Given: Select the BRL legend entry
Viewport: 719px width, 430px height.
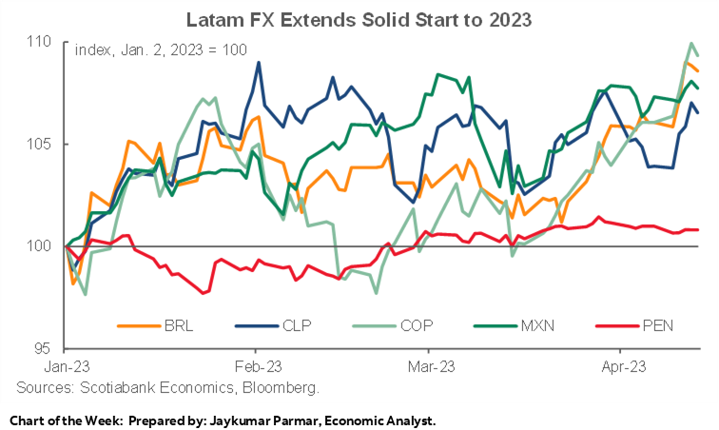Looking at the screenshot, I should click(176, 325).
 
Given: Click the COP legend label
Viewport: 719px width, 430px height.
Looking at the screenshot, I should click(412, 325).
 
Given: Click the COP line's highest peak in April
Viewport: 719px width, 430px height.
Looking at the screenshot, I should click(690, 43).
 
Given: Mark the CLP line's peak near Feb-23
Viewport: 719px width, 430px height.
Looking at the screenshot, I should click(259, 63).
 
